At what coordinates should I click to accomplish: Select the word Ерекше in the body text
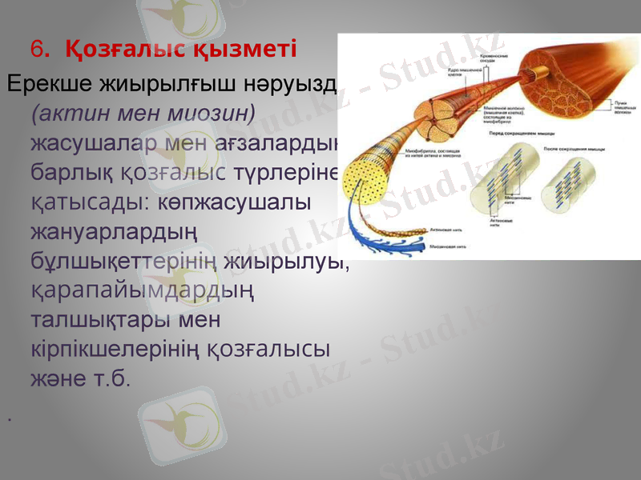click(x=50, y=83)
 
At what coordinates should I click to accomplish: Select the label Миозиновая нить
click(x=448, y=247)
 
